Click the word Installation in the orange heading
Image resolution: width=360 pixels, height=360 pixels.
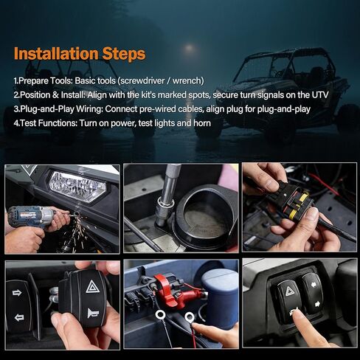coord(56,53)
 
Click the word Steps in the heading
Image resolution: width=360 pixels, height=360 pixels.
coord(124,54)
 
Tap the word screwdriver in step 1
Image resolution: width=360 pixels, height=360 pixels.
coord(142,80)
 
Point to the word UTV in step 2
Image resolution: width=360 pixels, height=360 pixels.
coord(320,94)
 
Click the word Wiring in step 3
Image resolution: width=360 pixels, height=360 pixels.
coord(89,109)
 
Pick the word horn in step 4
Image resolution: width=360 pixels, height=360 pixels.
coord(202,123)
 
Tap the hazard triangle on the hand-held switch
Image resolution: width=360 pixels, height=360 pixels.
coord(93,286)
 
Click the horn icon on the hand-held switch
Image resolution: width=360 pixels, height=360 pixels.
coord(93,313)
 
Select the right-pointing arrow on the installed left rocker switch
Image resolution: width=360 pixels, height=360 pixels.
coord(17,293)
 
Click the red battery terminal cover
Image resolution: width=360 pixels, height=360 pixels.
coord(172,290)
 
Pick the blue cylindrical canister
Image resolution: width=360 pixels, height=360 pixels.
coord(220,298)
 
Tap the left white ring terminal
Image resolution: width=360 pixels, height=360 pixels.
coord(160,314)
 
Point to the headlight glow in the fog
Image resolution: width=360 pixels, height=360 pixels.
coord(190,48)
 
